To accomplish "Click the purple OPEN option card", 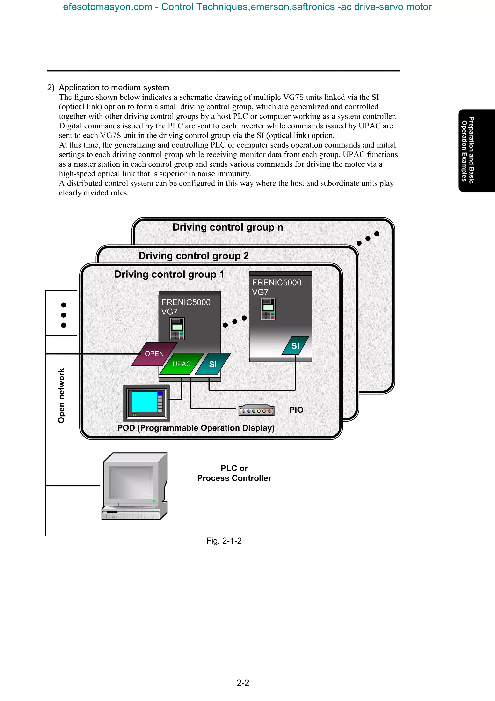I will tap(154, 354).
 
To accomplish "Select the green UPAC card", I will tap(182, 364).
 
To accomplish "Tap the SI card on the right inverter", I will tap(295, 346).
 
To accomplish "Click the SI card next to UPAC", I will tap(213, 364).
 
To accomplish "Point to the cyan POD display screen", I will tap(144, 402).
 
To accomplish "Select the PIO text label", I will tap(296, 410).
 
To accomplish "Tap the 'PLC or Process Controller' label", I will tap(234, 473).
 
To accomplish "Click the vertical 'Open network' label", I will tap(61, 395).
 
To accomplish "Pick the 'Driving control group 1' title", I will tap(169, 274).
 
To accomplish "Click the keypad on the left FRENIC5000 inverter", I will tap(177, 329).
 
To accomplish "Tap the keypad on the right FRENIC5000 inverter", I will tap(268, 309).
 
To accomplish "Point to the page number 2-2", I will tap(243, 683).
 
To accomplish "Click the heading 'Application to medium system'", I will tap(114, 88).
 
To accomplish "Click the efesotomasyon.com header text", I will tap(247, 7).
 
